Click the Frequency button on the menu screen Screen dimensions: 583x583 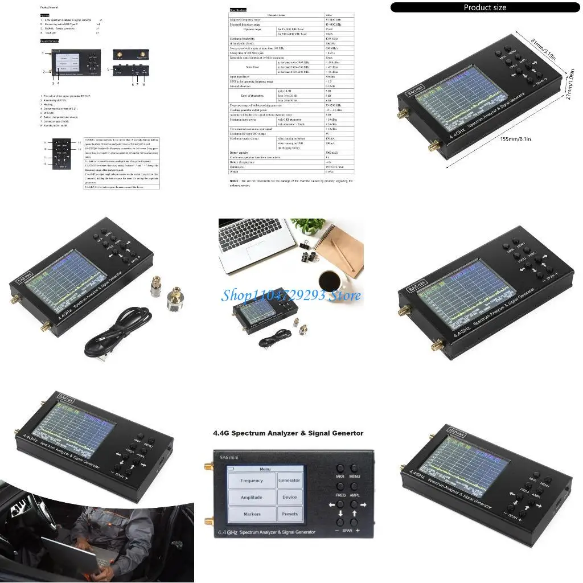tap(252, 481)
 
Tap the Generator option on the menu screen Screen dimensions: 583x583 tap(289, 481)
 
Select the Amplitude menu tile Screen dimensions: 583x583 tap(252, 497)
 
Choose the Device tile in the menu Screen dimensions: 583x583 tap(289, 497)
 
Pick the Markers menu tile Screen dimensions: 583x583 tap(252, 514)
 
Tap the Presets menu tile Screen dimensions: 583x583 tap(289, 514)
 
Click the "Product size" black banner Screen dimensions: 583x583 tap(485, 7)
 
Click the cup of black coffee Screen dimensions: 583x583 tap(330, 280)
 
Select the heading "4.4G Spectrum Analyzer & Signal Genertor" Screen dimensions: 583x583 tap(288, 433)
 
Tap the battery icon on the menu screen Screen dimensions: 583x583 tap(231, 468)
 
